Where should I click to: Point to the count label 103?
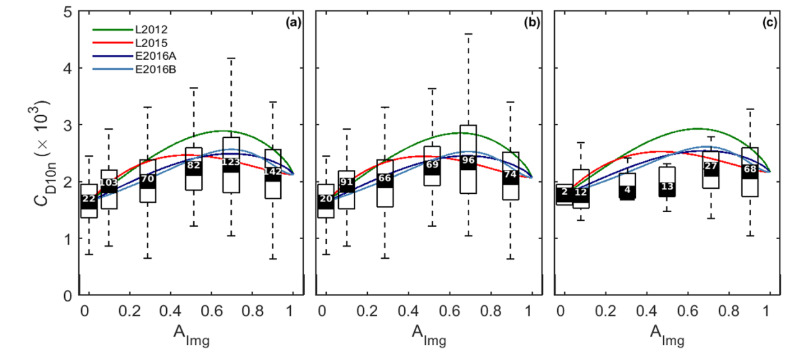coord(109,183)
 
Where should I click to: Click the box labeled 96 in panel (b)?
coord(468,159)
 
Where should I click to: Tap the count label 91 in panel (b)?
coord(346,183)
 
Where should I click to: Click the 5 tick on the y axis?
coord(65,11)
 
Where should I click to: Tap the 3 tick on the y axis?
coord(65,125)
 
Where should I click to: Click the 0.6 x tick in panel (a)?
coord(207,311)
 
